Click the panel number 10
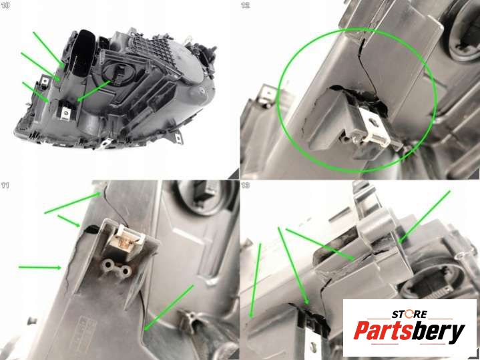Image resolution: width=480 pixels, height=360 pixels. pos(5,5)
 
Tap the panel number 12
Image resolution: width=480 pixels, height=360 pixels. pos(246,5)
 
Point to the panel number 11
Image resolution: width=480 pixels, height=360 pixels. pos(5,186)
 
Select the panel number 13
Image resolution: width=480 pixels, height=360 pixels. pos(246,185)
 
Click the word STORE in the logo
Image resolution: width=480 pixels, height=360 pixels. pos(409,315)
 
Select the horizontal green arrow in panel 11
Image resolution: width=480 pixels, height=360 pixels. pos(40,267)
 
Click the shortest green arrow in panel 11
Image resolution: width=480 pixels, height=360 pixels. pos(69,221)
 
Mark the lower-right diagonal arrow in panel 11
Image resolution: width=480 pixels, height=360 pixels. pos(169,308)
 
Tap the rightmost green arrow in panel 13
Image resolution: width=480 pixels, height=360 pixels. pos(425,217)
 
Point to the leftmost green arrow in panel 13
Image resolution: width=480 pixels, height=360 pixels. pos(256,281)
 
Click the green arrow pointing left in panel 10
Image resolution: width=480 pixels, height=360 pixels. pos(94,91)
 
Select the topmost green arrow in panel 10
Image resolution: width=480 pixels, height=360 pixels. pos(49,49)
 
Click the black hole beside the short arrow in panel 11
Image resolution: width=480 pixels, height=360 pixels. pos(92,228)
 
